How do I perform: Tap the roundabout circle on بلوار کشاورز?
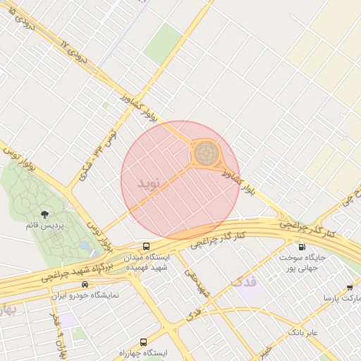[206, 152]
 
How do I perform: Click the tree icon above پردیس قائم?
[45, 213]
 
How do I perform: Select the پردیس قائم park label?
[45, 226]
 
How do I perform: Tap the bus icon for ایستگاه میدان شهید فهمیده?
[146, 247]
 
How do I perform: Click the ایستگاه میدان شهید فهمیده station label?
[148, 262]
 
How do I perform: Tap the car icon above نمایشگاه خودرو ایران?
[85, 283]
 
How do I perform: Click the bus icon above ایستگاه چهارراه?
[144, 341]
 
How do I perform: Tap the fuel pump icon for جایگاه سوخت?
[302, 247]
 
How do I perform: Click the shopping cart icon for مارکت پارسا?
[350, 287]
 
